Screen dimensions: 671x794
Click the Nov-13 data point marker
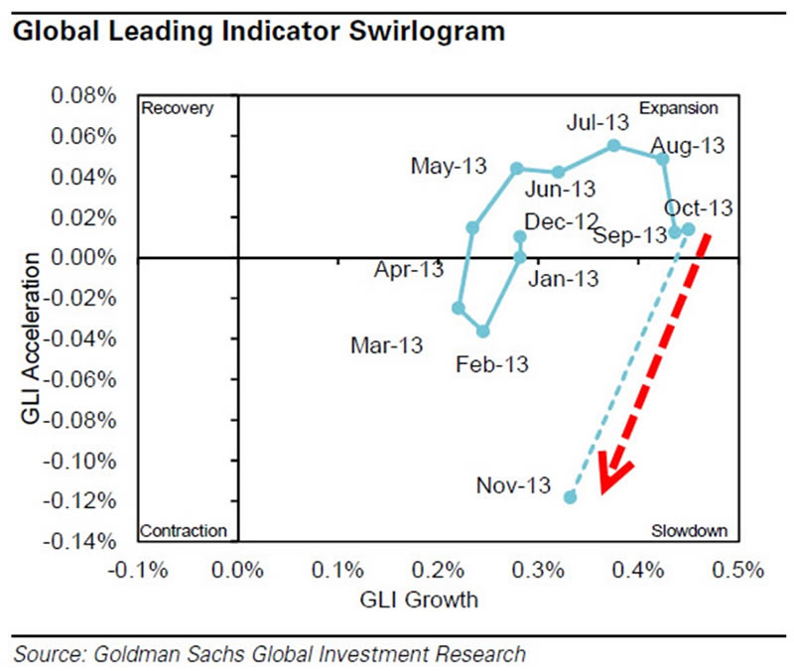[570, 496]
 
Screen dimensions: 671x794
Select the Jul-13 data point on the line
[613, 145]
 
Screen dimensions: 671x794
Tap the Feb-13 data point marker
[483, 332]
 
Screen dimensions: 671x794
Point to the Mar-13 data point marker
[459, 308]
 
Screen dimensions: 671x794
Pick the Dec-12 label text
[561, 222]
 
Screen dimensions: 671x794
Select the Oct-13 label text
[699, 208]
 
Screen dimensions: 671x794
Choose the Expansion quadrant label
[677, 108]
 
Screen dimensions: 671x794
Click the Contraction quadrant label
[184, 531]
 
